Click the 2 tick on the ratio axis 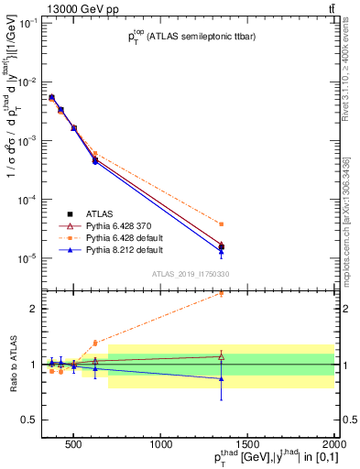38,309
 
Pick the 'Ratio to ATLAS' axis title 12,364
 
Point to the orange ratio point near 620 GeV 95,343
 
